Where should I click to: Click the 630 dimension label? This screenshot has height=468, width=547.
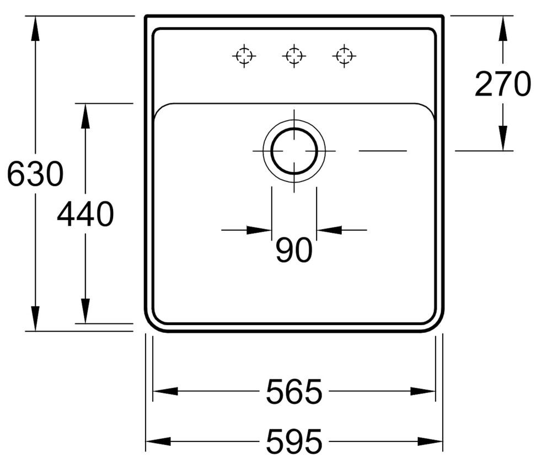tap(35, 174)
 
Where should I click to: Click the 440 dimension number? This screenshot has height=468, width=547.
tap(85, 214)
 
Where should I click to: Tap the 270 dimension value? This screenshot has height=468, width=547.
tap(503, 84)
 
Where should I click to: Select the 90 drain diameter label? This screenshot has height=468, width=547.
tap(294, 250)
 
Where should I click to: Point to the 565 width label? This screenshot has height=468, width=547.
tap(294, 391)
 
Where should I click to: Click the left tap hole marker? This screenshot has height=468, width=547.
tap(244, 56)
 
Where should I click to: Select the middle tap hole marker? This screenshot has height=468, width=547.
tap(294, 56)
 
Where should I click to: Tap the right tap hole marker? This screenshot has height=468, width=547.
tap(344, 56)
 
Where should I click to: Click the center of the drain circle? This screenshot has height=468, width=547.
tap(294, 151)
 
